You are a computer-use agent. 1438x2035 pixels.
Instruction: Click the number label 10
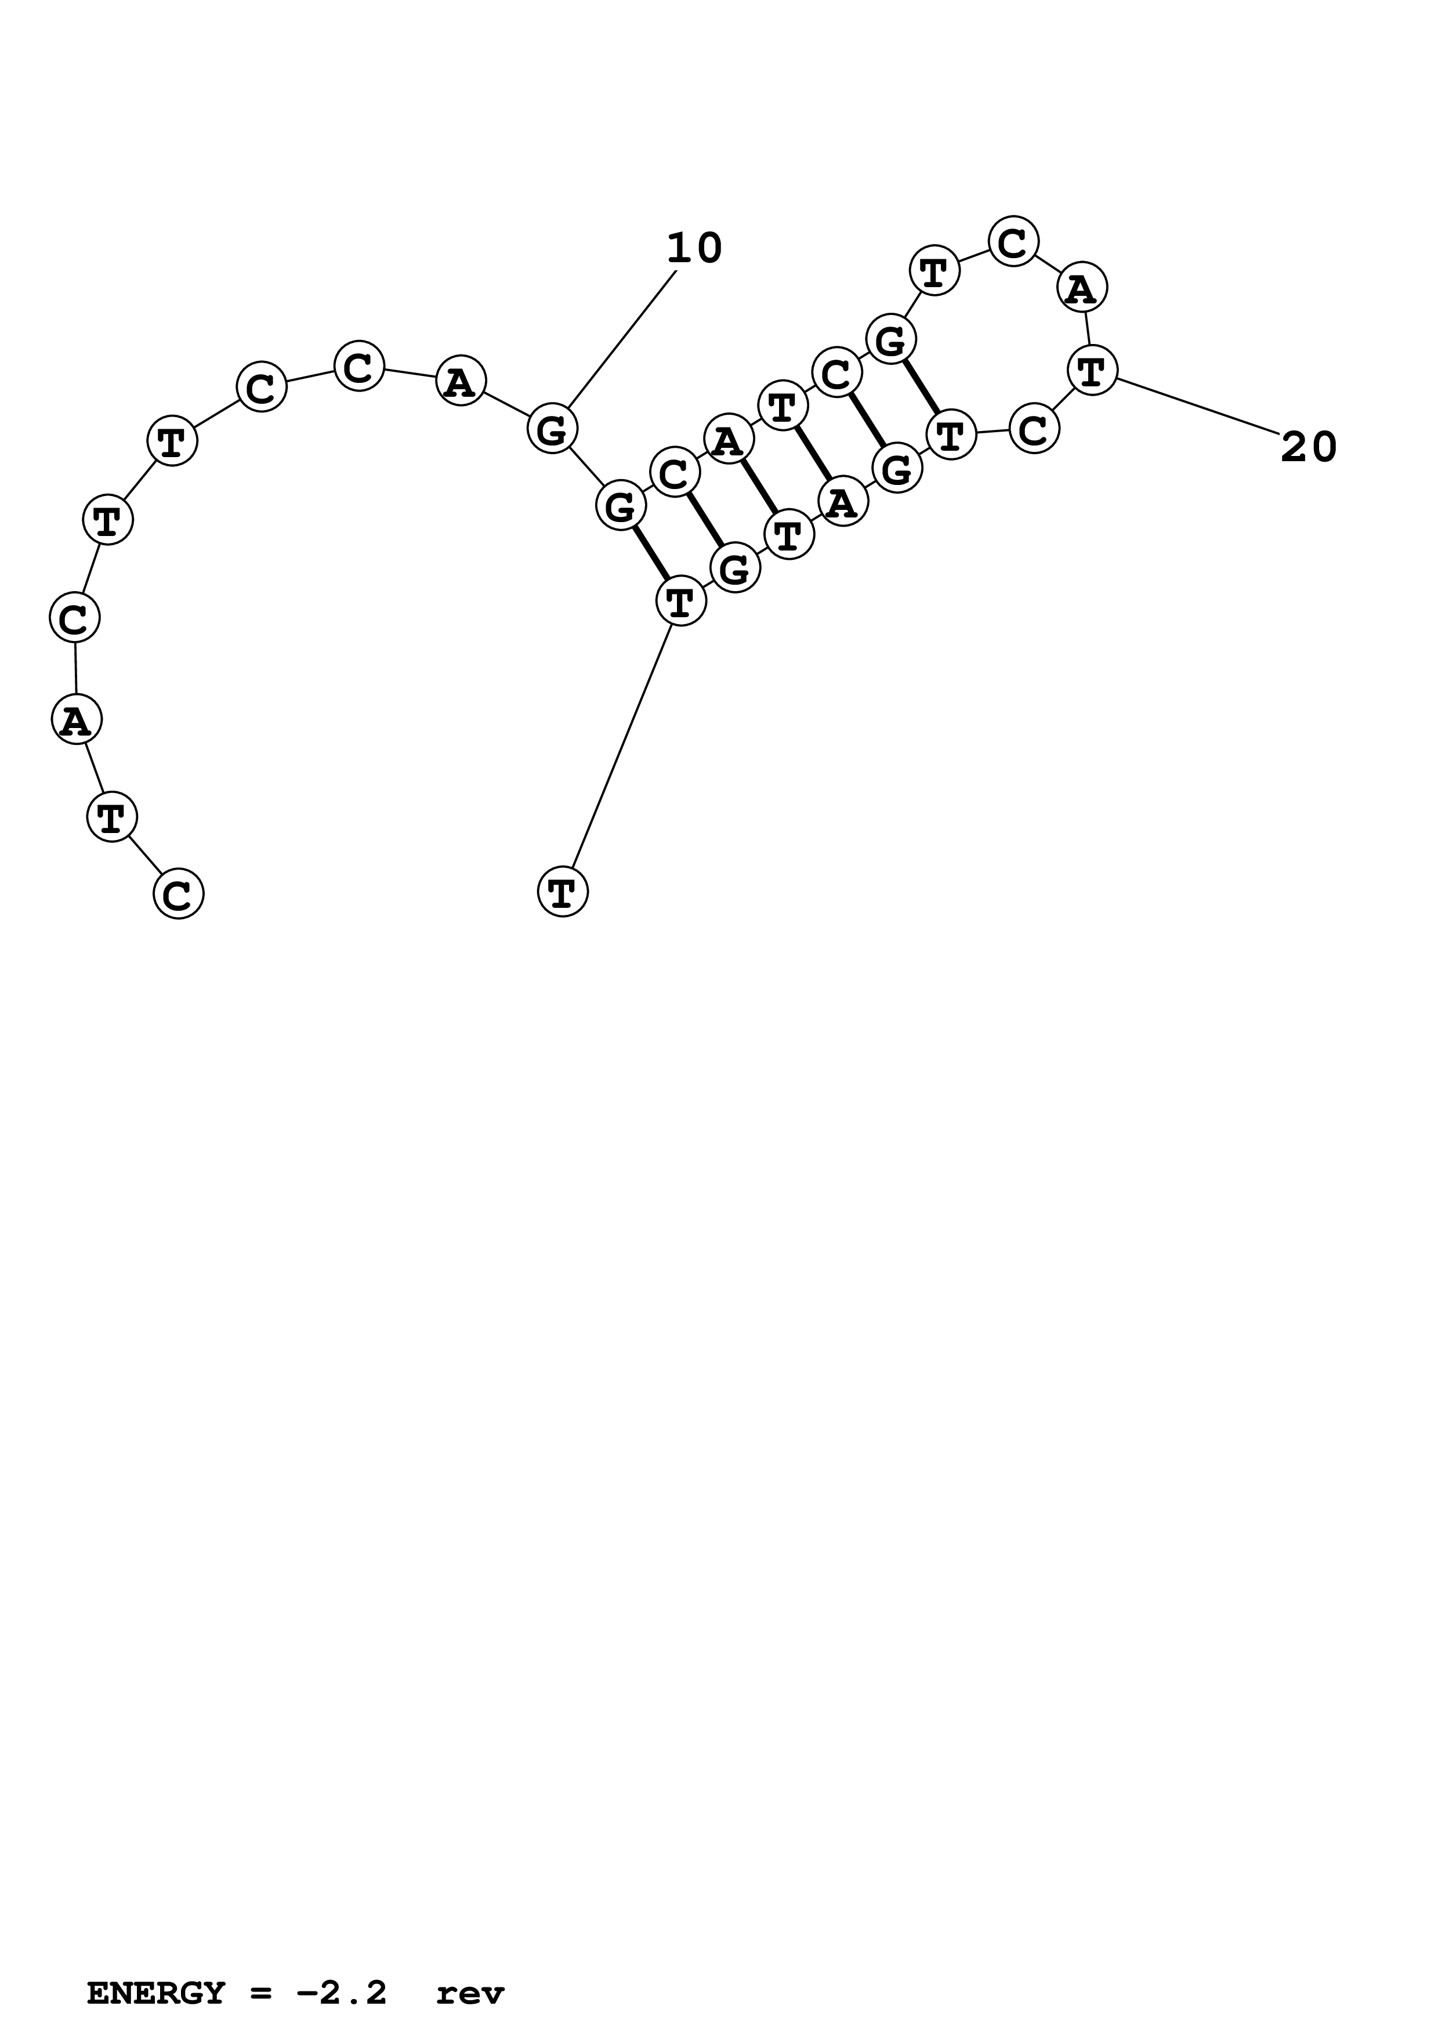pyautogui.click(x=694, y=249)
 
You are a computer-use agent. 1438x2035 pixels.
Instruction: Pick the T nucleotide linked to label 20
pyautogui.click(x=1092, y=371)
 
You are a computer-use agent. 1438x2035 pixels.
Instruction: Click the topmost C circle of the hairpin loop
pyautogui.click(x=1013, y=241)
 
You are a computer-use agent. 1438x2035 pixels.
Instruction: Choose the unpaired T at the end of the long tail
pyautogui.click(x=563, y=892)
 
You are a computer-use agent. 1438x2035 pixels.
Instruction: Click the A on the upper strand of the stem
pyautogui.click(x=729, y=440)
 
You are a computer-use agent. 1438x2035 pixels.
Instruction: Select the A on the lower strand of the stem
pyautogui.click(x=843, y=502)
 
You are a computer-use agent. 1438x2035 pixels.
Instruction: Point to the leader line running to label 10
pyautogui.click(x=622, y=339)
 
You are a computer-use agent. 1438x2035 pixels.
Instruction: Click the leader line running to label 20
pyautogui.click(x=1196, y=406)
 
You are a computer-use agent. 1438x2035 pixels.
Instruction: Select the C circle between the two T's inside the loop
pyautogui.click(x=1034, y=430)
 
